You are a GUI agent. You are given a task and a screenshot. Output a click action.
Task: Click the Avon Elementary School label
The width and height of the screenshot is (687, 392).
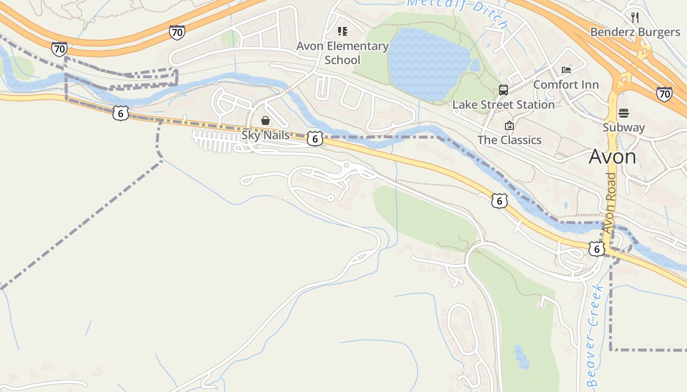point(342,53)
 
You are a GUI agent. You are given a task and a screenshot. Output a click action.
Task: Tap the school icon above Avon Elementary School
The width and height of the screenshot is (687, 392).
point(343,32)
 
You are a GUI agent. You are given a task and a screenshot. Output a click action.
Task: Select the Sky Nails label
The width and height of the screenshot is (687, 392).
point(265,135)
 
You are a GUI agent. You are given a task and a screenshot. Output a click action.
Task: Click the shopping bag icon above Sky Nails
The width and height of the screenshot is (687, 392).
point(265,121)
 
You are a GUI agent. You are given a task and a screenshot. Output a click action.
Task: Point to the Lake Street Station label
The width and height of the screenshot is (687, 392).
point(503,105)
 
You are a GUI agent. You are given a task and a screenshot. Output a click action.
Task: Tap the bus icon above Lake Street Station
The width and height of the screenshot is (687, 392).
point(503,90)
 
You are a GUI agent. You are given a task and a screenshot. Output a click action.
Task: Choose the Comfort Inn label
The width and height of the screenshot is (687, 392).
point(566,84)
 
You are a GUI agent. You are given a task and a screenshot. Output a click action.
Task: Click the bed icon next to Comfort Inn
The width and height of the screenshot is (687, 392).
point(566,70)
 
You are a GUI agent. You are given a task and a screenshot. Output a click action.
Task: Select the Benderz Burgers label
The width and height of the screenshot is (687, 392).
point(635,32)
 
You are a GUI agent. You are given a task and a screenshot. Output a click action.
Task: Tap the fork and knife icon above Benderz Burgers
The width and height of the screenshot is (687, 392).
point(635,18)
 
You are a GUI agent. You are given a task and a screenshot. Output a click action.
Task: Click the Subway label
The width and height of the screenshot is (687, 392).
point(624,127)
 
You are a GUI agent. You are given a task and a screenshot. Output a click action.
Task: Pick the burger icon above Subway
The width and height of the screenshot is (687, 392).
point(624,113)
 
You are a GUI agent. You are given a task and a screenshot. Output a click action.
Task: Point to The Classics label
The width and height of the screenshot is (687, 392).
point(509,140)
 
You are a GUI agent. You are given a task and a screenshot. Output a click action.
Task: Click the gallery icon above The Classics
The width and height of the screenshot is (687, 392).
point(509,125)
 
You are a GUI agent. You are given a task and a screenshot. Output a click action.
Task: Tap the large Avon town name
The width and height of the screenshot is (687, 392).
point(612,157)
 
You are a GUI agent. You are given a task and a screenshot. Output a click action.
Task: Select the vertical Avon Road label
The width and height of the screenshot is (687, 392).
point(609,203)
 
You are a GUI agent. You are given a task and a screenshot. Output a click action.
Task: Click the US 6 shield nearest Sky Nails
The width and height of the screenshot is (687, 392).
point(315,139)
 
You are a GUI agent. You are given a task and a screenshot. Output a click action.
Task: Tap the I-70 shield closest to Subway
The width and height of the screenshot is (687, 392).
point(664,94)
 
